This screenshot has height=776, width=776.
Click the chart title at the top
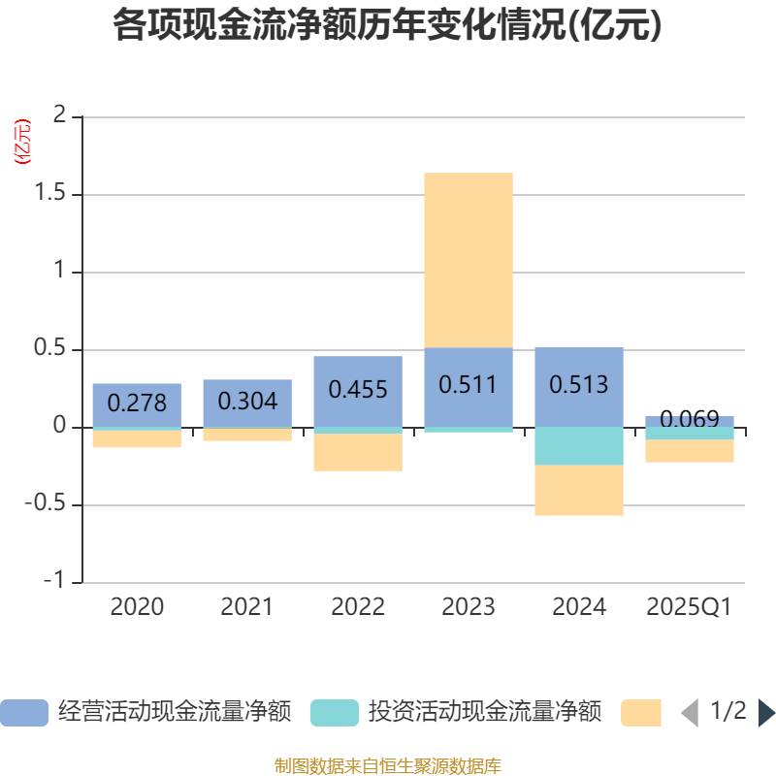coord(387,26)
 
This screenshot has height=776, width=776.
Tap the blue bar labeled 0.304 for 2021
coord(247,403)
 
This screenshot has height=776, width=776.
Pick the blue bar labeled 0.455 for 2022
coord(358,391)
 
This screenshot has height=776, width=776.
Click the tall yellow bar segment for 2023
coord(469,260)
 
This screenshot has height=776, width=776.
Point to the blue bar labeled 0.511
coord(469,386)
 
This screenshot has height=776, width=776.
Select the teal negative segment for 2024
coord(579,446)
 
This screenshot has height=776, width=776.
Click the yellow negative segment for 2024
coord(579,491)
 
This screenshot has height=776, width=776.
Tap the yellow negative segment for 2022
coord(358,453)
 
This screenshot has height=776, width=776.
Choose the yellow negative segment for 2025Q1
coord(690,451)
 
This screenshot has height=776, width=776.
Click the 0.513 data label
coord(579,385)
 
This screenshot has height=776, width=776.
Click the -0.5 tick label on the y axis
coord(55,505)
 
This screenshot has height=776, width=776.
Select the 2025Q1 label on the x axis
coord(689,607)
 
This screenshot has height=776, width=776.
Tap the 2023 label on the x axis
coord(469,607)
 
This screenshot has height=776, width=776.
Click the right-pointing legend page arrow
coord(766,713)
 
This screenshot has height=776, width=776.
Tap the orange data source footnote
coord(388,765)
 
